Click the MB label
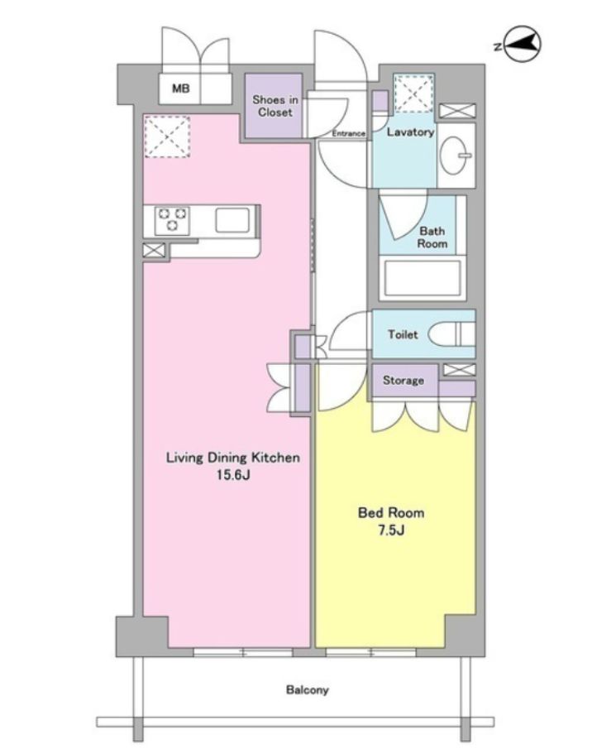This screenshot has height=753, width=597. [x=181, y=89]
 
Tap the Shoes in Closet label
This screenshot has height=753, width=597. [x=275, y=106]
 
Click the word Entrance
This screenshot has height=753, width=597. [x=348, y=133]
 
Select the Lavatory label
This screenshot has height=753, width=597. [x=410, y=132]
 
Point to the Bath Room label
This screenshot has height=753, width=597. [x=432, y=237]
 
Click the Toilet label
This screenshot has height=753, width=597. [x=403, y=334]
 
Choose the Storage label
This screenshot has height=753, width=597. [x=404, y=381]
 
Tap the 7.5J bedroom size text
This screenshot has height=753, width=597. [x=391, y=530]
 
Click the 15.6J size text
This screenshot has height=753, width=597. [x=233, y=475]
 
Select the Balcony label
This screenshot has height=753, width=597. [x=307, y=690]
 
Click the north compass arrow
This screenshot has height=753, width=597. [x=523, y=44]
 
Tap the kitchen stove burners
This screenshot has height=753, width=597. [x=172, y=219]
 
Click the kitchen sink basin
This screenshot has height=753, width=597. [x=232, y=220]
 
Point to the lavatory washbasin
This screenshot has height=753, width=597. [x=456, y=155]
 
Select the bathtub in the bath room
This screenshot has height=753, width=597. [x=423, y=280]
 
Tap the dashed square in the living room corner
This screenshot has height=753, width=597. [x=167, y=136]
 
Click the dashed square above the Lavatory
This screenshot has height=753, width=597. [x=413, y=94]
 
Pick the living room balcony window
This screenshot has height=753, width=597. [x=243, y=652]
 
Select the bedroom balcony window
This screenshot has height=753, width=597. [x=370, y=652]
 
